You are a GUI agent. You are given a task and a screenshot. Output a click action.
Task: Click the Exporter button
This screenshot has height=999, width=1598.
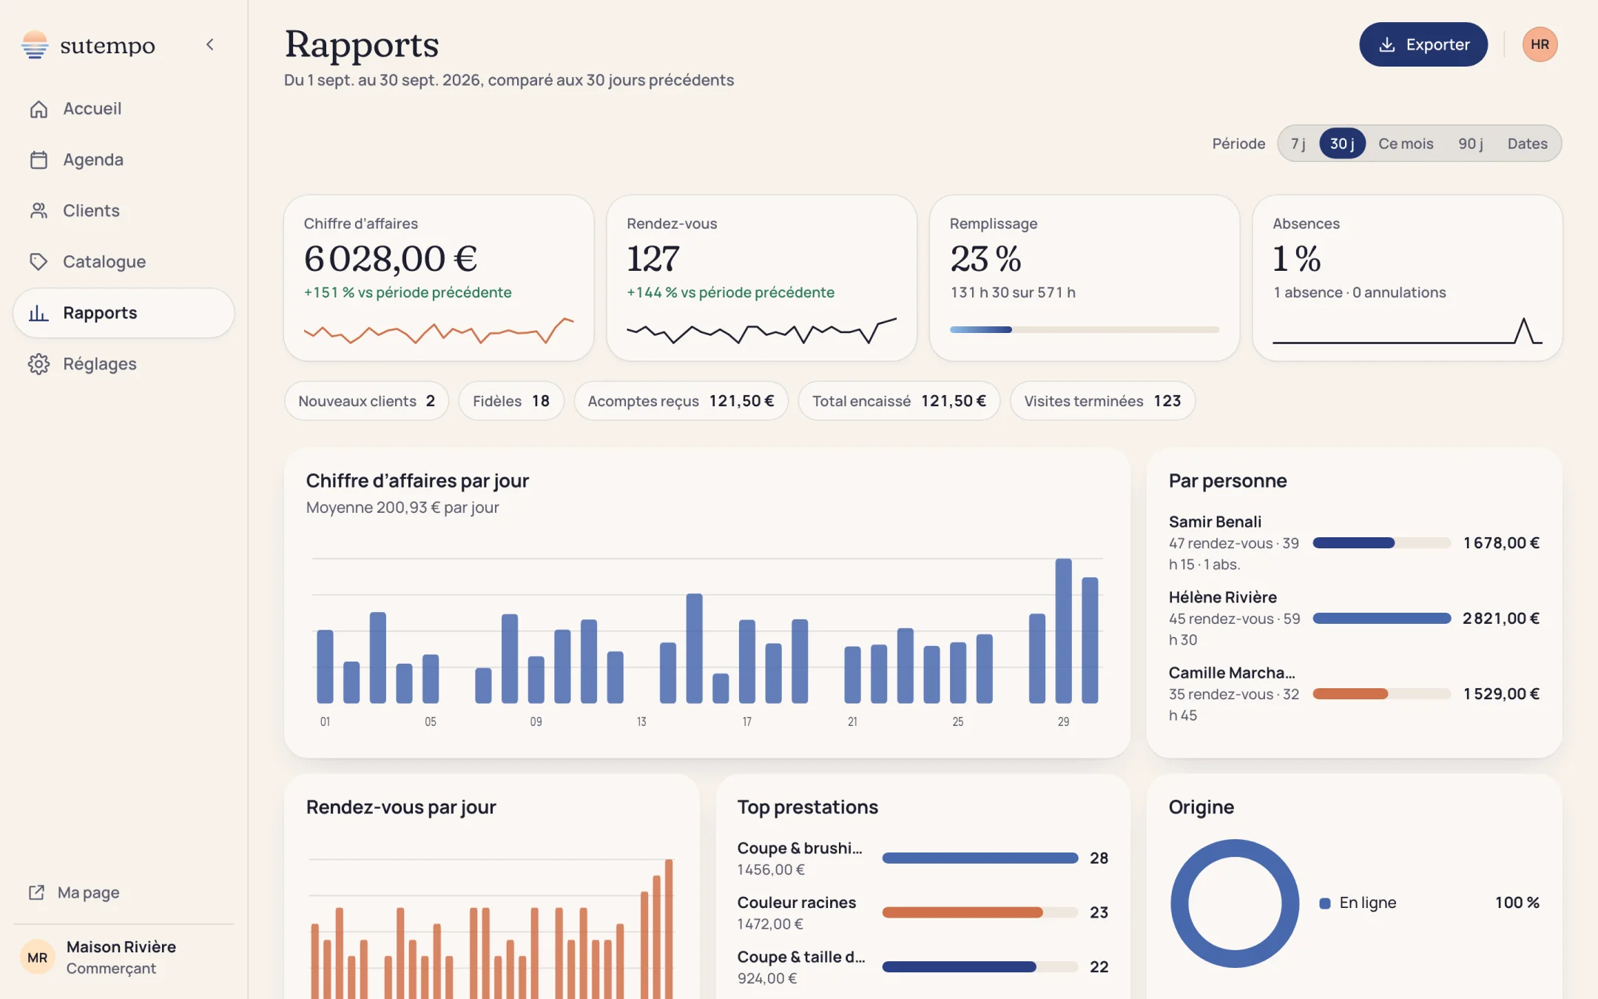pyautogui.click(x=1423, y=44)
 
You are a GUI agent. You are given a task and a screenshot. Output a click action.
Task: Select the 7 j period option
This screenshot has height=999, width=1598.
pyautogui.click(x=1298, y=144)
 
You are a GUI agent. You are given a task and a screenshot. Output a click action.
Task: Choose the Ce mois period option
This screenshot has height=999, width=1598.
pyautogui.click(x=1406, y=144)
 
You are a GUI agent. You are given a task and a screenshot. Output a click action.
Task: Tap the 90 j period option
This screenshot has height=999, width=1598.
pyautogui.click(x=1471, y=144)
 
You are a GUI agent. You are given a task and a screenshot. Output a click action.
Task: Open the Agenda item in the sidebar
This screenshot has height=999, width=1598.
pyautogui.click(x=93, y=160)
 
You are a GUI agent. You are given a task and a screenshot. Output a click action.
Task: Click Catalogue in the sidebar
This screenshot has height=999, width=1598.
pyautogui.click(x=104, y=262)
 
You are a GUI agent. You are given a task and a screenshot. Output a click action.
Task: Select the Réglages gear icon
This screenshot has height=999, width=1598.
pyautogui.click(x=38, y=364)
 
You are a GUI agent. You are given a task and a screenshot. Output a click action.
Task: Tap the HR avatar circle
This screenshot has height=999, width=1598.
pyautogui.click(x=1540, y=44)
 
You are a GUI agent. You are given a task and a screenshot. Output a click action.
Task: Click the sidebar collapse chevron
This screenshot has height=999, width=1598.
pyautogui.click(x=210, y=44)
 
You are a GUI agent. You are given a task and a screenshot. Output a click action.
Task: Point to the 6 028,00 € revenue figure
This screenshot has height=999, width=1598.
pyautogui.click(x=391, y=259)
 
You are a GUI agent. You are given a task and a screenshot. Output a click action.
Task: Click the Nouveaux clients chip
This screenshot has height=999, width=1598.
pyautogui.click(x=366, y=401)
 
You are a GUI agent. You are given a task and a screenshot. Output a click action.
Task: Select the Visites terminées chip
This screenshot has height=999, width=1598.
pyautogui.click(x=1102, y=401)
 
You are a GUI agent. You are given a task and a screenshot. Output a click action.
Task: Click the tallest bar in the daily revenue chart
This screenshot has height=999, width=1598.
pyautogui.click(x=1063, y=631)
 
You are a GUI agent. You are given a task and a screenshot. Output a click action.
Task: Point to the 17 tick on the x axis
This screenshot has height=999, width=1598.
pyautogui.click(x=746, y=721)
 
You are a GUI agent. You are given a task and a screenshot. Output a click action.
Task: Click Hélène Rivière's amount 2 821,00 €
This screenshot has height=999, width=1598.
pyautogui.click(x=1501, y=619)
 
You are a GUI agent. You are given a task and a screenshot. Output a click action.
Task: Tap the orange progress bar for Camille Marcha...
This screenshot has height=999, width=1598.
pyautogui.click(x=1350, y=694)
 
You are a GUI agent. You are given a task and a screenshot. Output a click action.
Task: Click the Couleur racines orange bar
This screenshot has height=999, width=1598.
pyautogui.click(x=962, y=912)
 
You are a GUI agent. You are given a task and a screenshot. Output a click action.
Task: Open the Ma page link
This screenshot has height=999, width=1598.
pyautogui.click(x=74, y=892)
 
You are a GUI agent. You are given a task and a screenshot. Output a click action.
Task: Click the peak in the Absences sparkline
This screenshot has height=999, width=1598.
pyautogui.click(x=1524, y=320)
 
